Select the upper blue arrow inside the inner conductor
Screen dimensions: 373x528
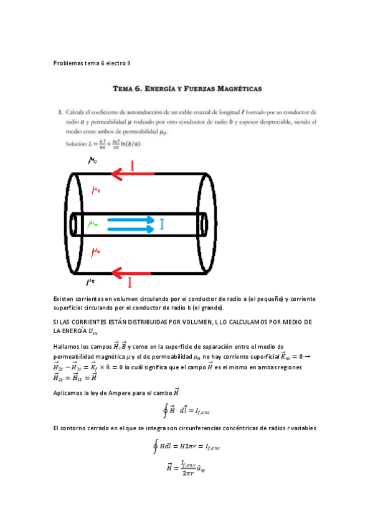[x=130, y=219]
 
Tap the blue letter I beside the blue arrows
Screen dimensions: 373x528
[x=162, y=224]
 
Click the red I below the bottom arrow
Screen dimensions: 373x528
[x=130, y=283]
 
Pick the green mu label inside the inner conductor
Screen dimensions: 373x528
[x=93, y=224]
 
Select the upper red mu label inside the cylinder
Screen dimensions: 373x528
[x=96, y=191]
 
